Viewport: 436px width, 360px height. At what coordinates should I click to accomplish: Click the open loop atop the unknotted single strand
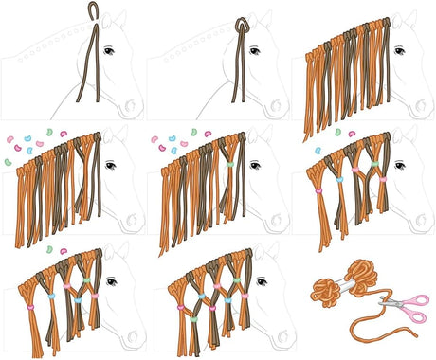[92, 9]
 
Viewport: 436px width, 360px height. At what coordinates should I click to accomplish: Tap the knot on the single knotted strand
[239, 25]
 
